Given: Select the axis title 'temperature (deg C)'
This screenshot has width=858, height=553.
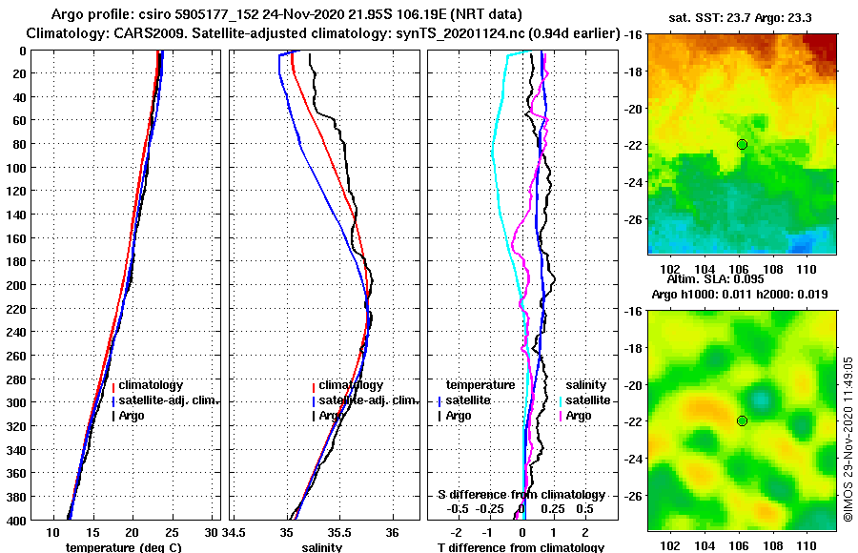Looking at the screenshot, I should coord(123,547).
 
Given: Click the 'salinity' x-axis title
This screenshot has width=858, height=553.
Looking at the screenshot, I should coord(322,547).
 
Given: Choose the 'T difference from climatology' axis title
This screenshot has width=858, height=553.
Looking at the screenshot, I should coord(521,547).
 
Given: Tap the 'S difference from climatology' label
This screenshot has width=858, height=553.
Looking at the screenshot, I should coord(521,495).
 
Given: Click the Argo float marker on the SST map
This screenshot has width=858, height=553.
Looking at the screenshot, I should coord(742,144).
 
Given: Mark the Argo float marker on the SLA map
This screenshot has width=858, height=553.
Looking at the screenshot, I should coord(742,420).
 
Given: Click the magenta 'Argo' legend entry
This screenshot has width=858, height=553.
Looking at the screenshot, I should coord(579,416).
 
